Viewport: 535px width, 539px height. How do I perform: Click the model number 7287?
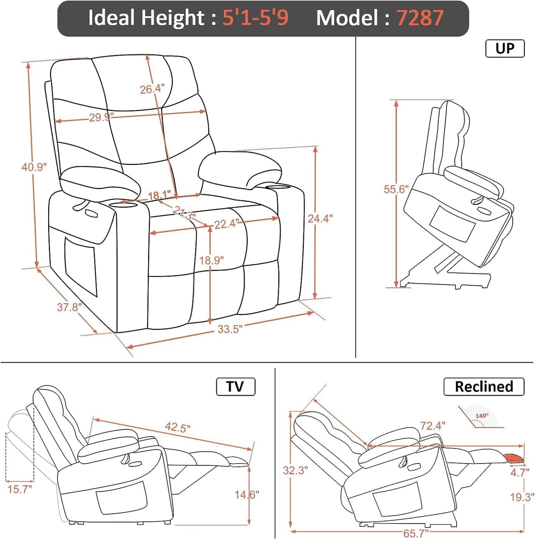[x=420, y=18]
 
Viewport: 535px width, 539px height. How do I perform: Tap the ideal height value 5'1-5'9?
[x=255, y=18]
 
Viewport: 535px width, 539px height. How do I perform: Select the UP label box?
[x=505, y=48]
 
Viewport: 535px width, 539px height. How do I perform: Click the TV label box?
[x=235, y=387]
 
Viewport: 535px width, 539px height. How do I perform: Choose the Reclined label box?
[x=484, y=387]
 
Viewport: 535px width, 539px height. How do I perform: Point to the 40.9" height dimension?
[x=34, y=167]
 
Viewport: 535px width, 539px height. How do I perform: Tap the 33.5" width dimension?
[x=230, y=329]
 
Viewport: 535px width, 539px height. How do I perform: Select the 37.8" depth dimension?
[x=69, y=307]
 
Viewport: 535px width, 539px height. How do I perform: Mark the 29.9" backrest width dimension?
[x=101, y=118]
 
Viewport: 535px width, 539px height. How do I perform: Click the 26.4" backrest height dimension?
[x=152, y=89]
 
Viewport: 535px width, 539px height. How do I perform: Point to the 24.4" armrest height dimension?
[x=320, y=219]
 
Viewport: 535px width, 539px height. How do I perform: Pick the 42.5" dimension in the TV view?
[x=178, y=427]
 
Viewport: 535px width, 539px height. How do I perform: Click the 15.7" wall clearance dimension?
[x=20, y=489]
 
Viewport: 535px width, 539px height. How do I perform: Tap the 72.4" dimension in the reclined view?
[x=432, y=426]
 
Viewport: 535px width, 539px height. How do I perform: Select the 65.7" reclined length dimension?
[x=415, y=533]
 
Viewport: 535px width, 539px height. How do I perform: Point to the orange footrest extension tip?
[x=515, y=458]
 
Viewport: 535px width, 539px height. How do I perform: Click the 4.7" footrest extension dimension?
[x=519, y=472]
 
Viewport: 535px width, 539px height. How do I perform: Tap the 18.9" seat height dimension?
[x=211, y=260]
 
